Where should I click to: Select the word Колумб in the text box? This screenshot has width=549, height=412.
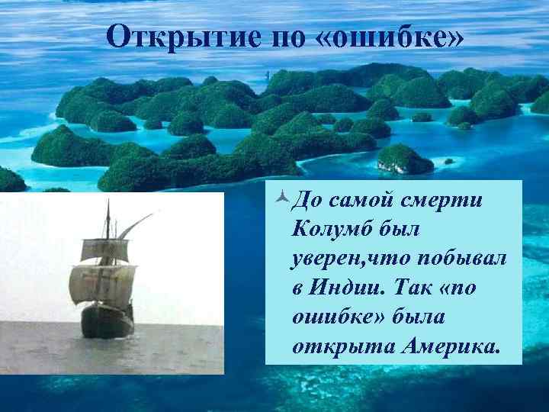pos(326,230)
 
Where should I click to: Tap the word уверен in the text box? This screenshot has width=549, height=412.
pos(323,259)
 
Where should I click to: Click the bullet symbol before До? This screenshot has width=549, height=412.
pos(281,199)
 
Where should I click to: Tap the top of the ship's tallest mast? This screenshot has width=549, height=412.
pos(108,203)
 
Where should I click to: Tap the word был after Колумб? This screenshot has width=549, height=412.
pos(392,230)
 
